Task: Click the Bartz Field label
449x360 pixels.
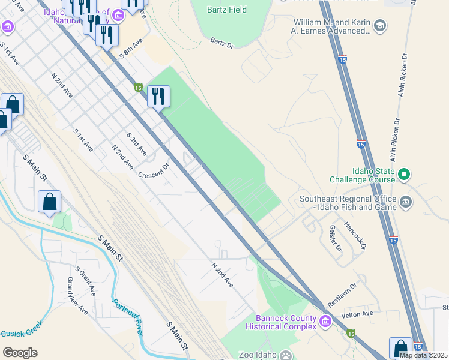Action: (x=228, y=10)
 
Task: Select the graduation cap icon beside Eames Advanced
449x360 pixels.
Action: (x=379, y=25)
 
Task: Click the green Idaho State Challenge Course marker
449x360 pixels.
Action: (x=405, y=175)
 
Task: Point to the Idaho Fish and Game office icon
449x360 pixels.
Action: (x=406, y=202)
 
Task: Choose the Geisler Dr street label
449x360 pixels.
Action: (x=334, y=238)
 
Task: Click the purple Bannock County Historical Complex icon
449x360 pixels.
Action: (x=325, y=322)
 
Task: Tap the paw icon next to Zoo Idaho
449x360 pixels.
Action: (x=286, y=355)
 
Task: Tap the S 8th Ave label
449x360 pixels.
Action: (x=130, y=49)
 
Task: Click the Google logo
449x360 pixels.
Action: (x=20, y=353)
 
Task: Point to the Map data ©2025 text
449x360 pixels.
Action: (x=422, y=355)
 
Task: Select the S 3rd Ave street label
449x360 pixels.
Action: (x=136, y=144)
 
